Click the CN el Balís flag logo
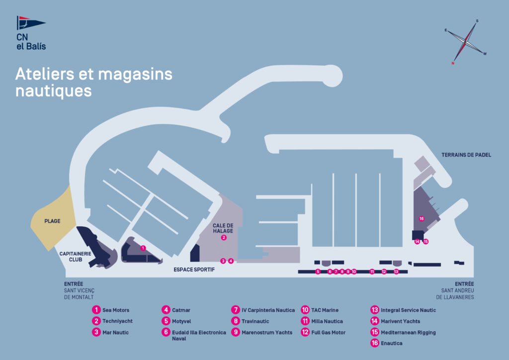coord(30,23)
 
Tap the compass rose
coord(466,42)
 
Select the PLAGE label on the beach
coord(52,221)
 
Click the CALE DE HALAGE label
coord(223,228)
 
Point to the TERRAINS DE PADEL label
coord(466,155)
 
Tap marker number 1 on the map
coord(143,248)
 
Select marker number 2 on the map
coord(224,238)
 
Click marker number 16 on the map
coord(422,219)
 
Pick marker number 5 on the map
coord(318,271)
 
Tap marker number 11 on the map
coord(372,271)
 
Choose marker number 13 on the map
coord(396,271)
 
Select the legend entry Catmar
coord(181,310)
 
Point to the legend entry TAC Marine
coord(324,310)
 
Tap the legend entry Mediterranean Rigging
coord(408,332)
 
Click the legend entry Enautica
coord(391,343)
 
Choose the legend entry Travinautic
coord(255,321)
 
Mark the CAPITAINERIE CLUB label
coord(75,257)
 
